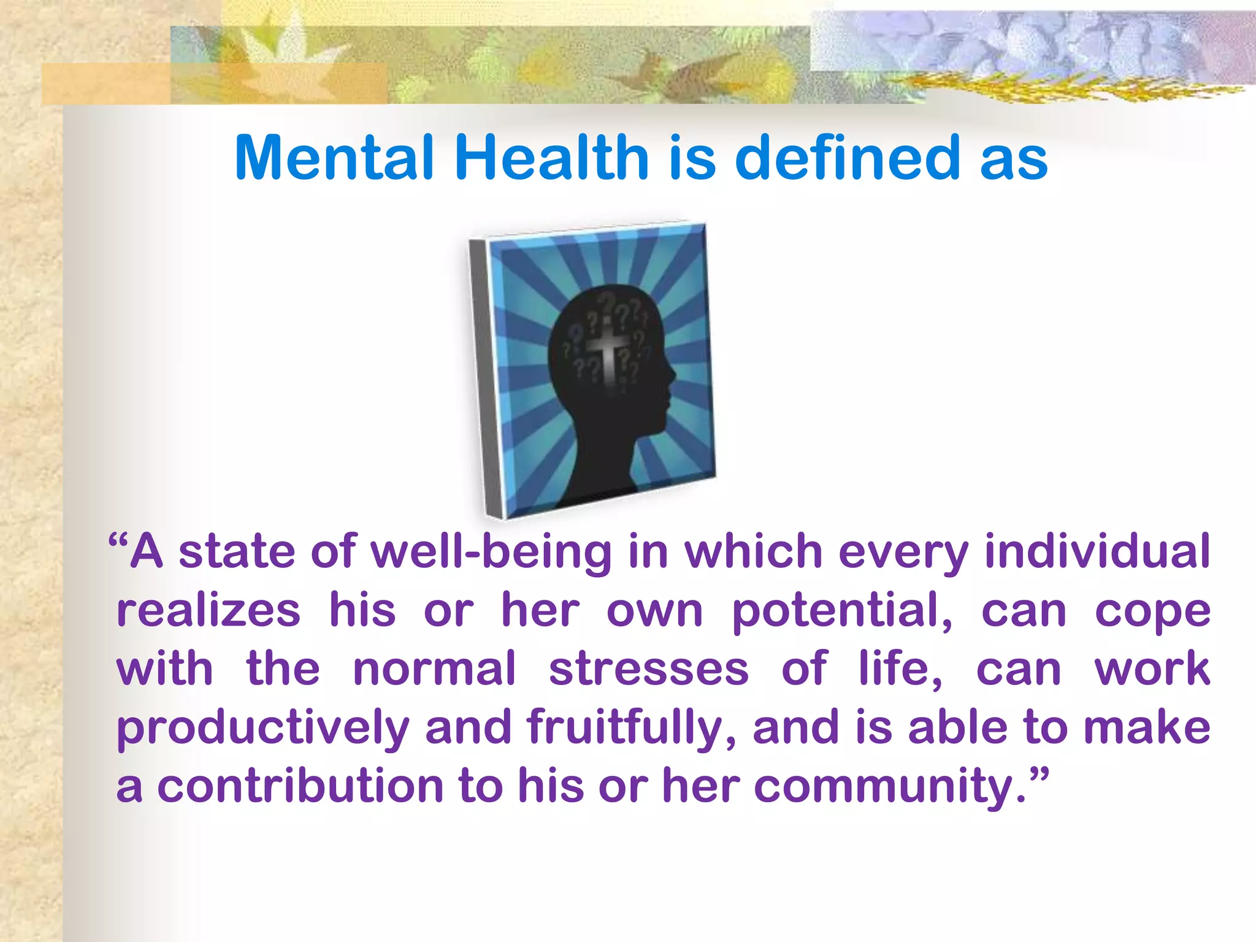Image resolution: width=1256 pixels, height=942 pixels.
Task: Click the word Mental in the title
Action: [x=334, y=158]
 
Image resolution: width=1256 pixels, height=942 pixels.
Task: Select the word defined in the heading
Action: [x=847, y=158]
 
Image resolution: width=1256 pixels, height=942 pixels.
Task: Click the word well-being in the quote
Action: [x=491, y=551]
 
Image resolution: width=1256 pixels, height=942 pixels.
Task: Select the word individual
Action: [x=1097, y=551]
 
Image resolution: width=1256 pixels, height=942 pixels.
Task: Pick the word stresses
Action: [x=648, y=669]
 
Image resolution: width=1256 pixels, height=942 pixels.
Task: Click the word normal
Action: [x=434, y=669]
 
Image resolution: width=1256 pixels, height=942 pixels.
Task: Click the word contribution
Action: [x=300, y=786]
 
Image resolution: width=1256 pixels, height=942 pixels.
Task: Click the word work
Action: [x=1152, y=669]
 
